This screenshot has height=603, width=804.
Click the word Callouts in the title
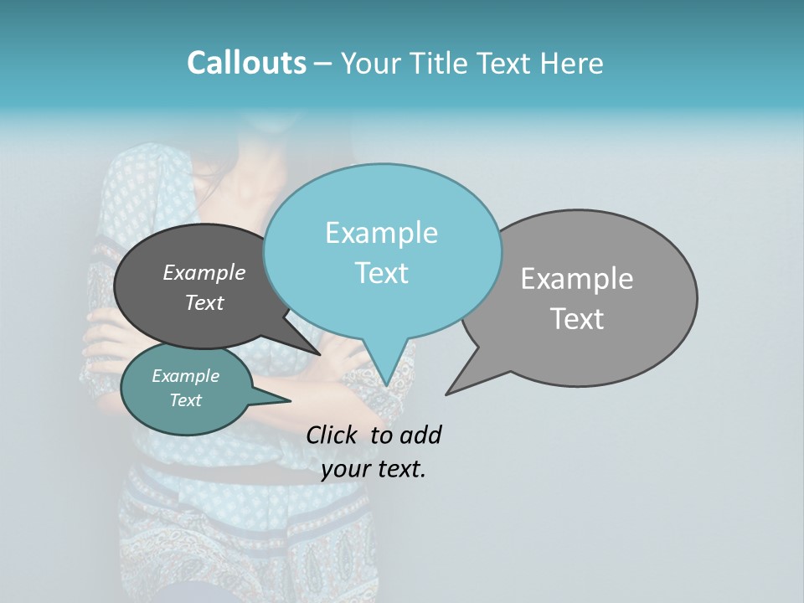[x=246, y=63]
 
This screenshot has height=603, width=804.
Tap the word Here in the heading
[x=572, y=64]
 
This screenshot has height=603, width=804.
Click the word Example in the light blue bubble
[x=381, y=233]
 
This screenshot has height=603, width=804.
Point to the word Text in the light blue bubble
[x=381, y=273]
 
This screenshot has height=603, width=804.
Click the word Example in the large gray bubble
[x=577, y=279]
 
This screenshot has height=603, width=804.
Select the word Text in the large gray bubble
[x=577, y=319]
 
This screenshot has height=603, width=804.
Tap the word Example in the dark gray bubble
[x=204, y=272]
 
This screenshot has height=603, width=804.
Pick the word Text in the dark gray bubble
[x=204, y=302]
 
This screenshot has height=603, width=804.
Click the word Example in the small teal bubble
[x=185, y=376]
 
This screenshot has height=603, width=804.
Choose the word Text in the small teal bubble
[x=185, y=400]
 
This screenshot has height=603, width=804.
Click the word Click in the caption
[x=333, y=435]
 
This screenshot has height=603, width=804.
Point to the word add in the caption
[x=420, y=435]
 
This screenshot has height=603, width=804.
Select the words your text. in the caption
[x=374, y=469]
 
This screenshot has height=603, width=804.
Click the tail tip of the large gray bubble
[x=446, y=394]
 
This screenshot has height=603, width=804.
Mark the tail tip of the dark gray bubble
[x=321, y=354]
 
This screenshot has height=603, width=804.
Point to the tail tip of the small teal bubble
[x=290, y=401]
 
